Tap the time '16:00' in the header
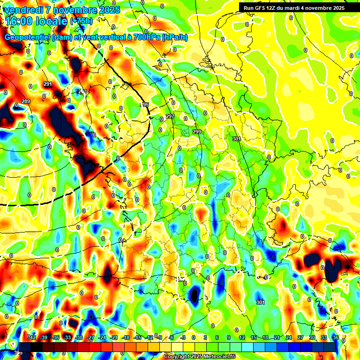tap(21, 21)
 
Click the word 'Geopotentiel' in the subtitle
tap(27, 37)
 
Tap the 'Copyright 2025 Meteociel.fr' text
tap(199, 357)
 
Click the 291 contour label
tap(47, 84)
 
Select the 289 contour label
tap(26, 102)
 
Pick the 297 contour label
tap(170, 116)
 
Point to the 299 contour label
tap(197, 132)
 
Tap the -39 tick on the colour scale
tap(45, 337)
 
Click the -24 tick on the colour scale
tap(103, 337)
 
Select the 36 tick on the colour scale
tap(335, 337)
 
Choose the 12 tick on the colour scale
tap(242, 337)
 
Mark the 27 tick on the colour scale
tap(300, 337)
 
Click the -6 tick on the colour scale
tap(172, 337)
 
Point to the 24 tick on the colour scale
tap(289, 337)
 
